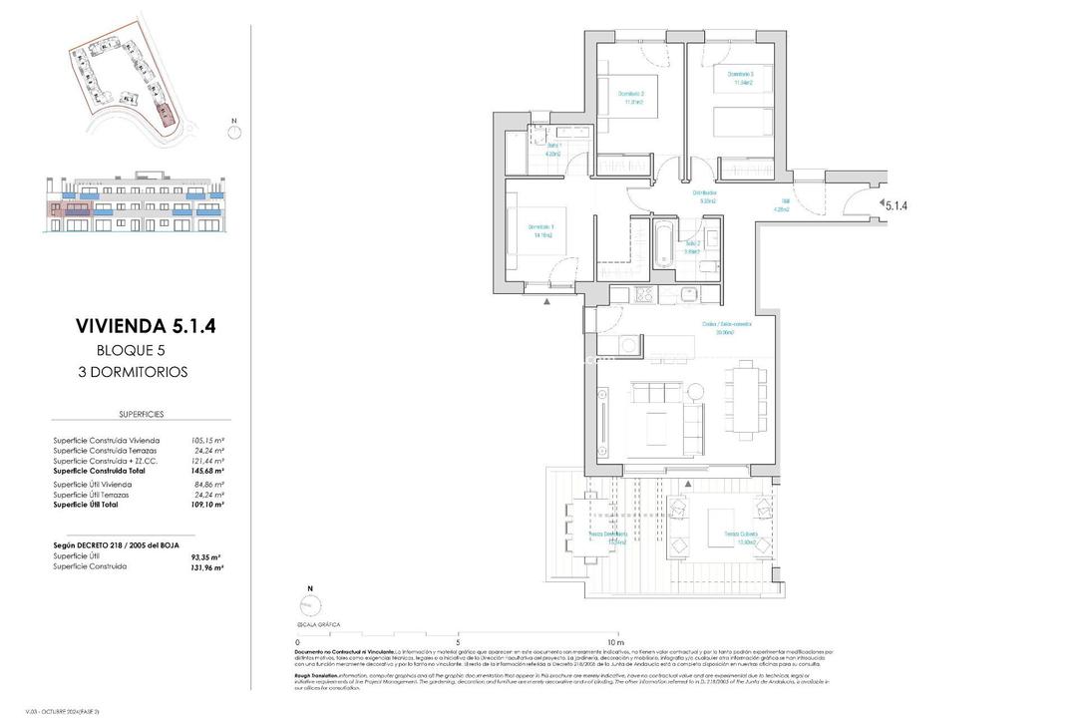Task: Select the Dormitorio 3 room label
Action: pyautogui.click(x=740, y=79)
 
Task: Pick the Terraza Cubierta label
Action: pyautogui.click(x=741, y=538)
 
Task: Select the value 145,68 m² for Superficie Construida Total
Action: pyautogui.click(x=206, y=471)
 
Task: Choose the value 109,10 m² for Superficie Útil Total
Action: pyautogui.click(x=206, y=505)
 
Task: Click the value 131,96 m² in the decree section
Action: pyautogui.click(x=206, y=566)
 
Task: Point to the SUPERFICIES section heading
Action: pyautogui.click(x=141, y=413)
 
